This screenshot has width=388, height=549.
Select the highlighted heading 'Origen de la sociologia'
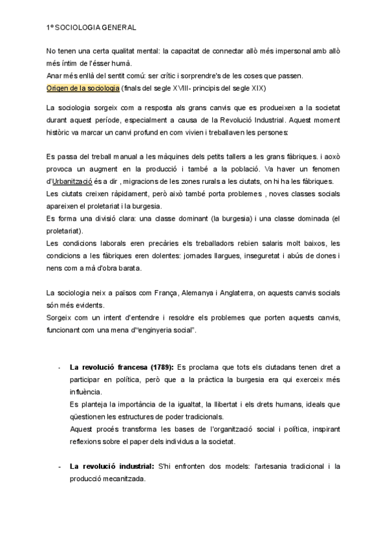click(83, 87)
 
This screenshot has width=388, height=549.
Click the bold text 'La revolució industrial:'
click(112, 466)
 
